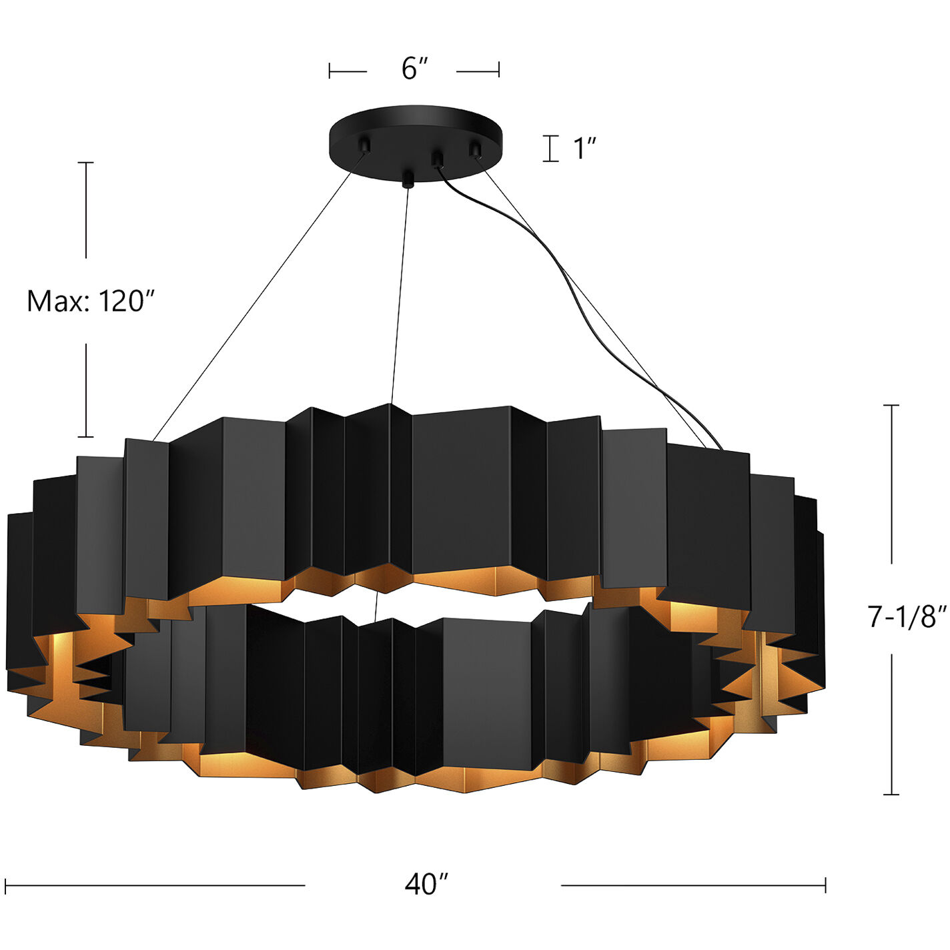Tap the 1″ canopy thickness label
tap(584, 148)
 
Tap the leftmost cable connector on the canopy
tap(365, 144)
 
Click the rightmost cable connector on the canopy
tap(476, 148)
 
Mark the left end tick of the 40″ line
tap(5, 885)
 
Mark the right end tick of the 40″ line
tap(825, 885)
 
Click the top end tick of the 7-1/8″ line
tap(891, 405)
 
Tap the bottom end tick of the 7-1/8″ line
tap(891, 794)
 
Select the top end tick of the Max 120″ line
tap(85, 162)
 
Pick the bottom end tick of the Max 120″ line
tap(85, 437)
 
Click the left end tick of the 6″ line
tap(330, 70)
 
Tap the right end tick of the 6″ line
tap(499, 70)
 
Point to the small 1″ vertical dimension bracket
tap(550, 148)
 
